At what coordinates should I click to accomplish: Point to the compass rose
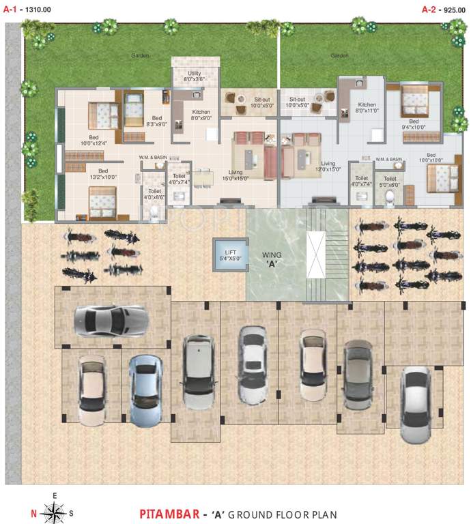(x=55, y=511)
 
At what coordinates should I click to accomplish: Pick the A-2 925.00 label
(x=442, y=9)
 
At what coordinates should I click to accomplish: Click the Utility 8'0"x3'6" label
(x=195, y=76)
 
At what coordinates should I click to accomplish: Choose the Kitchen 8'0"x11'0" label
(x=367, y=108)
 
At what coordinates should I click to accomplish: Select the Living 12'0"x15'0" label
(x=328, y=166)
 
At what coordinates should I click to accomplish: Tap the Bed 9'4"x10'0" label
(x=414, y=123)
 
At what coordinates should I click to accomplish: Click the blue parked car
(x=145, y=390)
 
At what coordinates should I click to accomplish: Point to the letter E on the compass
(x=55, y=495)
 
